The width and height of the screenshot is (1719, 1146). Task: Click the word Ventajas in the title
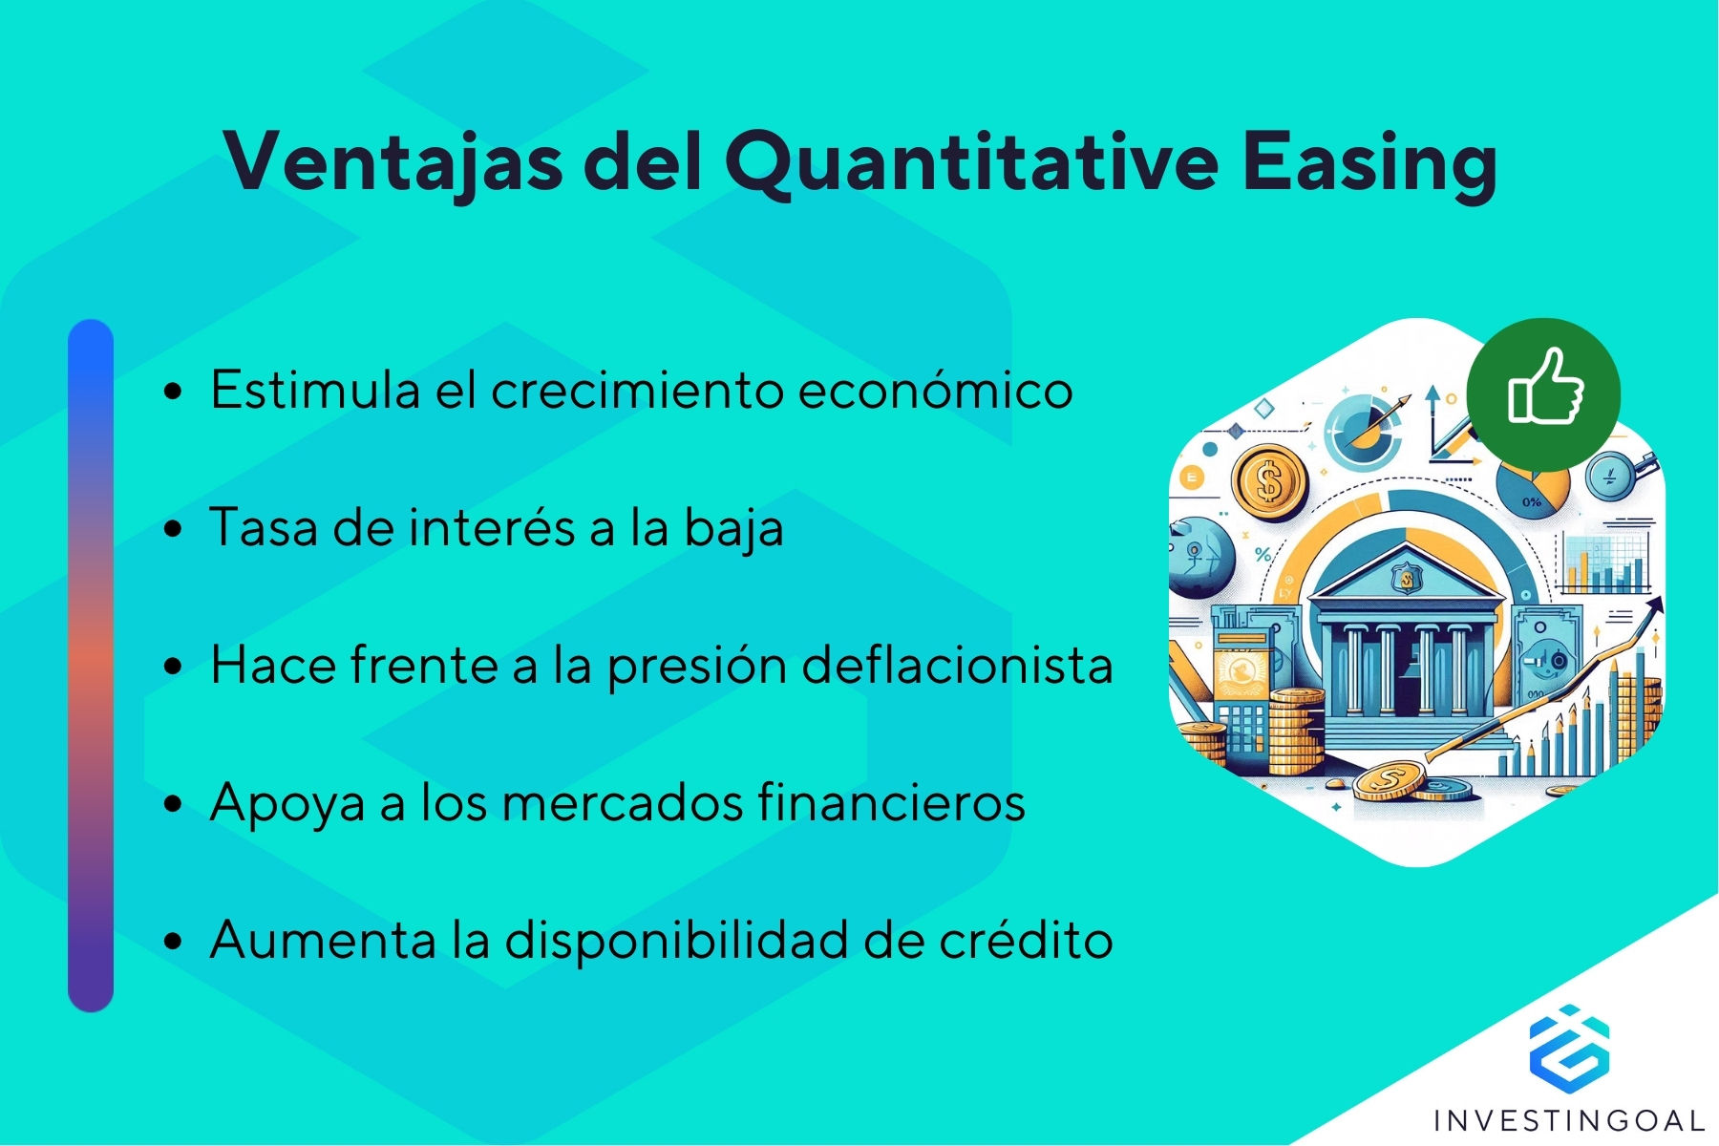pyautogui.click(x=393, y=160)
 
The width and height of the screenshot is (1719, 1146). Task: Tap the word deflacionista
pyautogui.click(x=957, y=664)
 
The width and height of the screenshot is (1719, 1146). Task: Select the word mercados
pyautogui.click(x=622, y=801)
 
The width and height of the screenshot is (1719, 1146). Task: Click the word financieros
pyautogui.click(x=891, y=801)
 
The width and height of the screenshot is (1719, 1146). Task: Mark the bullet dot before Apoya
pyautogui.click(x=173, y=804)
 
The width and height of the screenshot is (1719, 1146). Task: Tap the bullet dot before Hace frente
pyautogui.click(x=173, y=667)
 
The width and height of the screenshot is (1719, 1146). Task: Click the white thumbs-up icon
pyautogui.click(x=1545, y=387)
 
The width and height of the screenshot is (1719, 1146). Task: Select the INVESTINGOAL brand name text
pyautogui.click(x=1569, y=1120)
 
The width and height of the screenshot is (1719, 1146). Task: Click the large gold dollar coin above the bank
pyautogui.click(x=1268, y=482)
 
